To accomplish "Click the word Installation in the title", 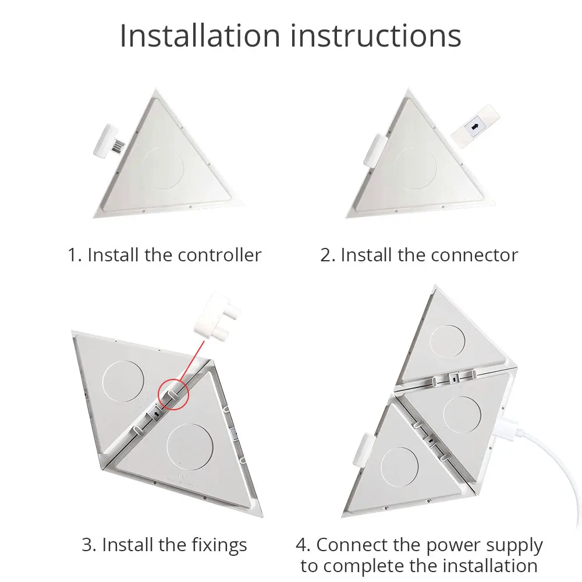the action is coord(200,36).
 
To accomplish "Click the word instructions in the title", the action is coord(375,36).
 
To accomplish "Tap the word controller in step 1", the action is coord(219,255).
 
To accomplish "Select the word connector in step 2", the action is coord(474,255).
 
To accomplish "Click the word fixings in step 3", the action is coord(219,545).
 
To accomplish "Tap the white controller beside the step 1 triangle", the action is coord(107,141).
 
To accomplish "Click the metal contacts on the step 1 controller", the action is coord(118,145).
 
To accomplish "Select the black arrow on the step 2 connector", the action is coord(474,127).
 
